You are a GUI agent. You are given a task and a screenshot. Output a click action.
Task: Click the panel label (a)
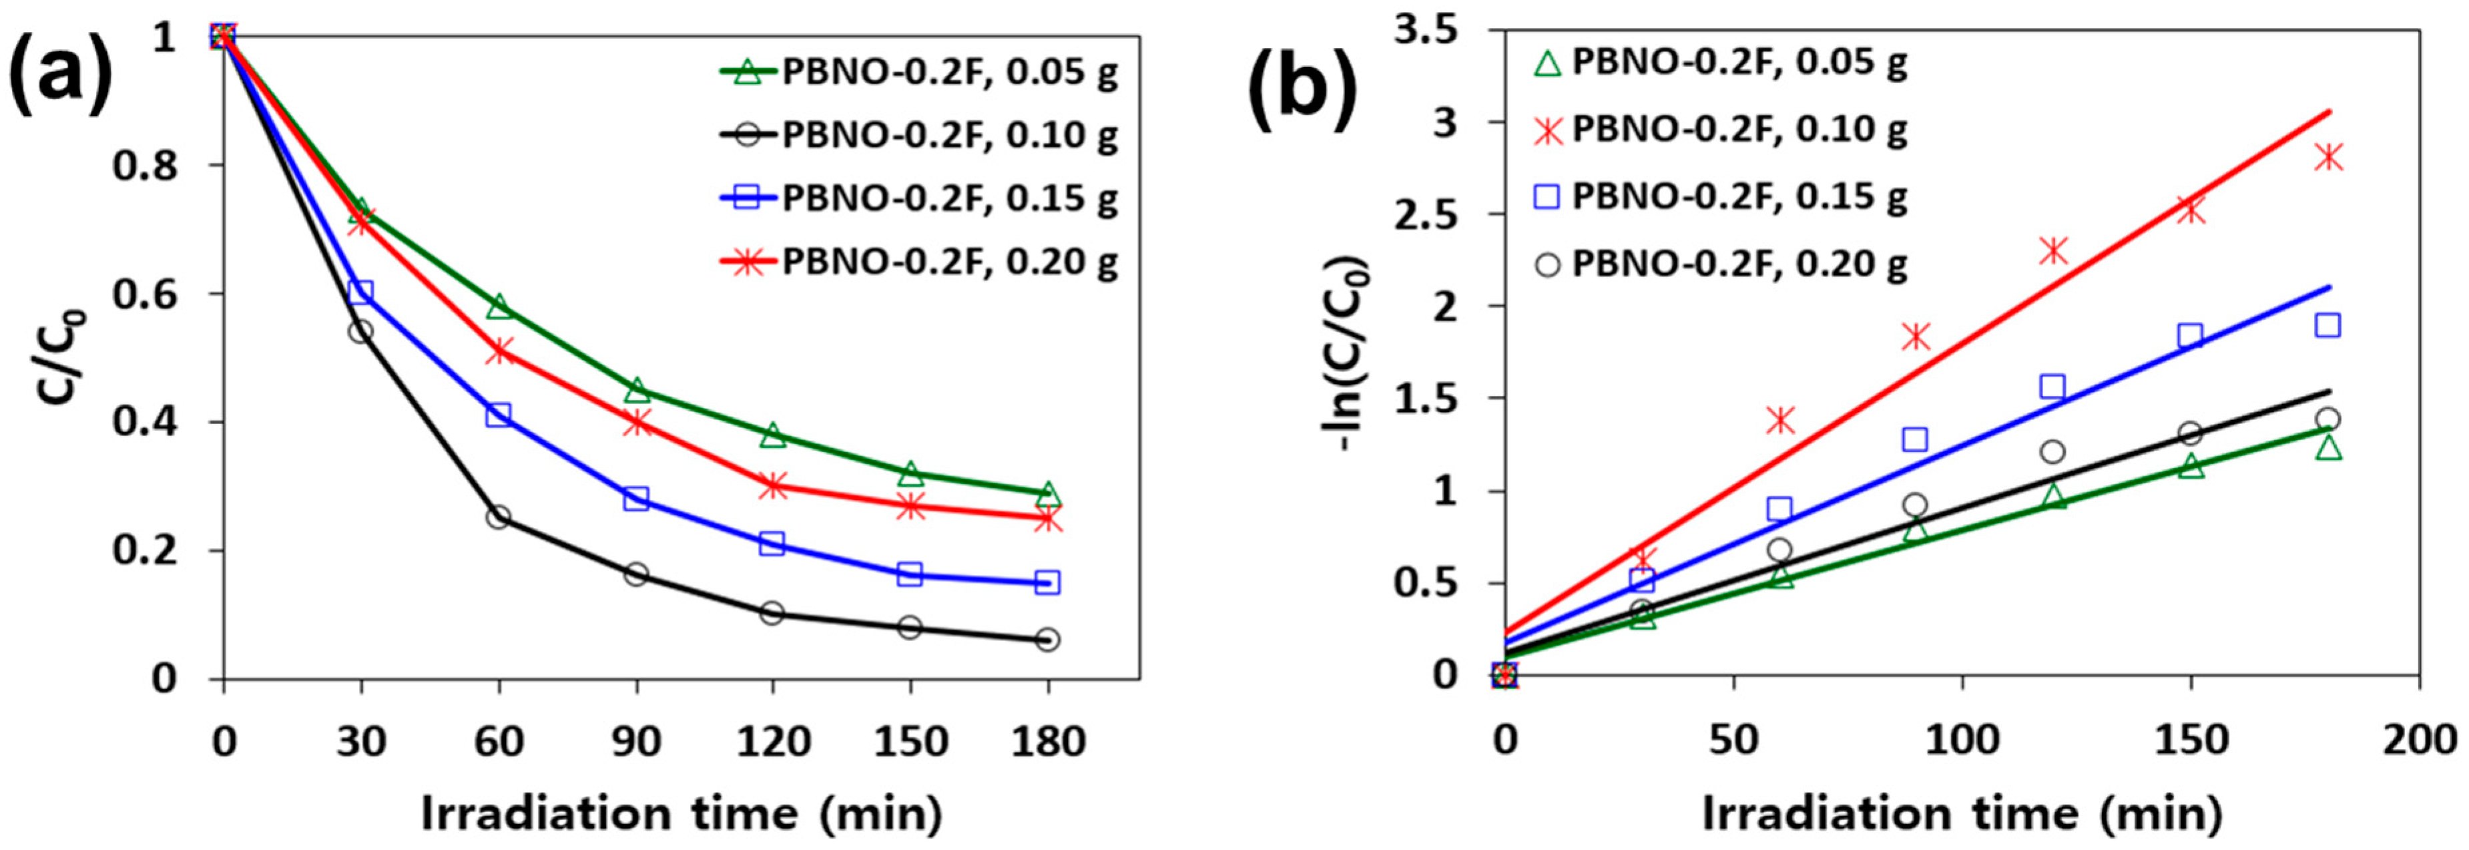point(59,81)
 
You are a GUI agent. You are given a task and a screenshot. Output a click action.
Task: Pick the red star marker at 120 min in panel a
point(772,485)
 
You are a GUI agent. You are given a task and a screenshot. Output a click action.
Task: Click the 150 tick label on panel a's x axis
point(910,740)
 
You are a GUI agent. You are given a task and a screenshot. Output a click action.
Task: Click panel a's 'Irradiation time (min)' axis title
point(681,813)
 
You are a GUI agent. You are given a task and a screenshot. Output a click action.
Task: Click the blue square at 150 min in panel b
point(2190,335)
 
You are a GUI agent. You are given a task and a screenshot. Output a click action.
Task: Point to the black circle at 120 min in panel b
point(2052,451)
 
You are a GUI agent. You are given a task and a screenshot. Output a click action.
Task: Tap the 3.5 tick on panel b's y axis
point(1432,31)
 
